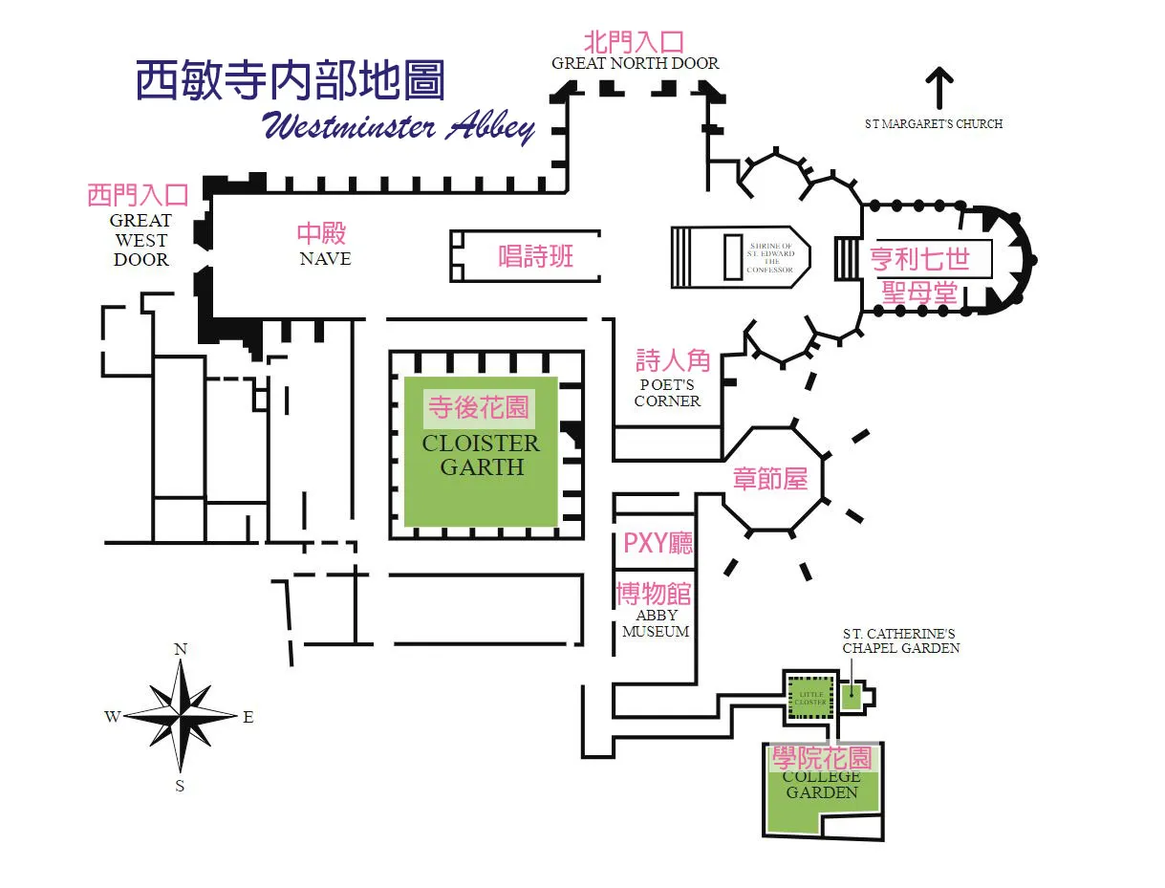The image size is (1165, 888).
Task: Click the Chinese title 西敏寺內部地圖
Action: coord(290,81)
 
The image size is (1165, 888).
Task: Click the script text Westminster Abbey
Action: coord(398,127)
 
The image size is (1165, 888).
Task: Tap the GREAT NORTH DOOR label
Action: coord(635,64)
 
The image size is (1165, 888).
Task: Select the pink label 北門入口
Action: coord(635,42)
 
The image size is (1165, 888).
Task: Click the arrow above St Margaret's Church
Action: coord(940,88)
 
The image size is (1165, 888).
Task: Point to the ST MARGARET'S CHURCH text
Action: coord(933,124)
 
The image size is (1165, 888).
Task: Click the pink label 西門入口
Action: coord(138,196)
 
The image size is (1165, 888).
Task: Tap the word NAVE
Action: coord(325,259)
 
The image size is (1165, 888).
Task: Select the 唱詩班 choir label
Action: coord(536,256)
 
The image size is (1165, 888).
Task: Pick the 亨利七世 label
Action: coord(919,259)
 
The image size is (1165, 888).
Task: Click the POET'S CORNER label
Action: coord(668,394)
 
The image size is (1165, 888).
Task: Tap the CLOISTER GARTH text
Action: coord(481,456)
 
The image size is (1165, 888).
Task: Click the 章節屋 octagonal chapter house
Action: coord(770,478)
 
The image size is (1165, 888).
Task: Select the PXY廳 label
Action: coord(658,544)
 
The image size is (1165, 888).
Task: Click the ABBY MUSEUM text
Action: coord(656,623)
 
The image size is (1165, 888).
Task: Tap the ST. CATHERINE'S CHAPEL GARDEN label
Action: coord(900,640)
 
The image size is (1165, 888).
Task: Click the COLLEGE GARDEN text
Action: coord(821,785)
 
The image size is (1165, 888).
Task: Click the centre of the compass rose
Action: coord(180,716)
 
